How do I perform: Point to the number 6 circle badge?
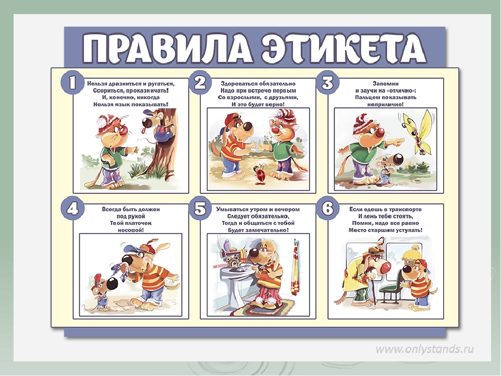328,209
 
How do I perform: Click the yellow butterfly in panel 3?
416,132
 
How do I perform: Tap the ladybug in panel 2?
260,173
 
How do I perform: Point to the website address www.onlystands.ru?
425,349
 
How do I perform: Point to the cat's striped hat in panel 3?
363,123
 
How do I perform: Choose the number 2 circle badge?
200,83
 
